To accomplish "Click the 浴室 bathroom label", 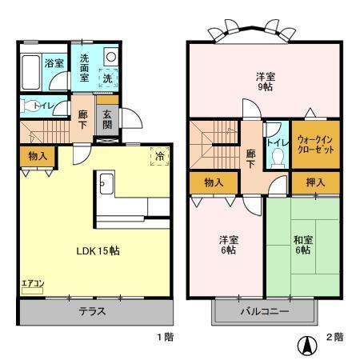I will pos(54,62).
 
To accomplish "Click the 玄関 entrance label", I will pos(108,118).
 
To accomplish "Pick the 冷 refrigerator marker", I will pos(158,157).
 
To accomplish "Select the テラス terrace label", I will pos(94,312).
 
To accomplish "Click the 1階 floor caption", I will pos(164,337).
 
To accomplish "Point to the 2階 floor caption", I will pos(334,337).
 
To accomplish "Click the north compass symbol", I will pos(305,345).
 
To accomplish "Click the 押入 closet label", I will pos(315,183).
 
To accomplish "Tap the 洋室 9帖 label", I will pos(266,82).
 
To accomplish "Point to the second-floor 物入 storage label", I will pos(214,183).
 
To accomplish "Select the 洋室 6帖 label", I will pos(227,244).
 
